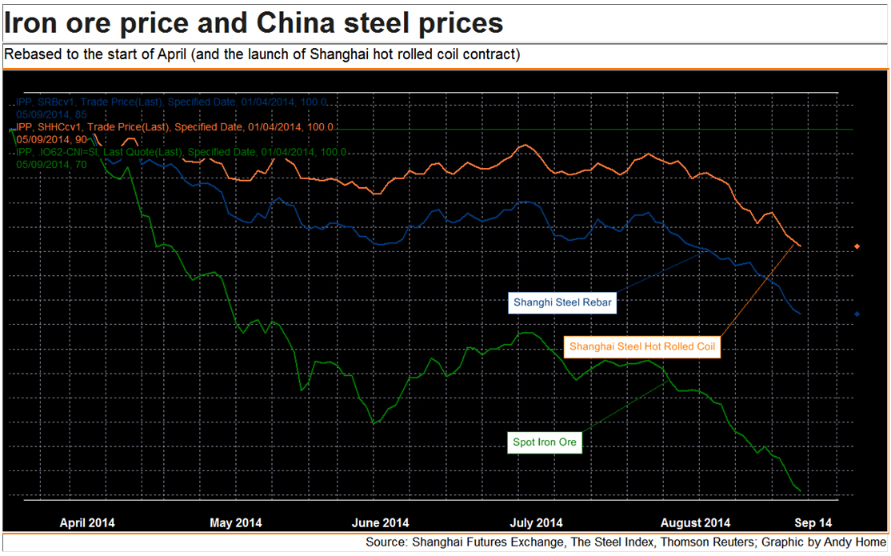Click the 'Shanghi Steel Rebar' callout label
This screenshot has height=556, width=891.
click(x=561, y=303)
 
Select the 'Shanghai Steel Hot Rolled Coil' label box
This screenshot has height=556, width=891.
click(x=641, y=347)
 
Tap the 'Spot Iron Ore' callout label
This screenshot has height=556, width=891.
click(x=545, y=442)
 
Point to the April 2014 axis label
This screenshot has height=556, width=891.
click(x=87, y=523)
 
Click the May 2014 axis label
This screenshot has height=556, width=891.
click(x=236, y=523)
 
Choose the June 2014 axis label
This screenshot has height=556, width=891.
click(x=381, y=523)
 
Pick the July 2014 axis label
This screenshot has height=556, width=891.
click(x=536, y=523)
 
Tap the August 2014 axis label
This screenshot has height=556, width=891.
click(x=695, y=523)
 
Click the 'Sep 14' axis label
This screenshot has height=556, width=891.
click(x=813, y=523)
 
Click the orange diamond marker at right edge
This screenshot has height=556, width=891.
click(x=857, y=246)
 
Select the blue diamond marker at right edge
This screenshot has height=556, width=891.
click(x=857, y=314)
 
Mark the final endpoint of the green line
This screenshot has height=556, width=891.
click(x=800, y=490)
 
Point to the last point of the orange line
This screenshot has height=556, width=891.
click(x=800, y=246)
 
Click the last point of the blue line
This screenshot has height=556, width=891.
click(x=801, y=314)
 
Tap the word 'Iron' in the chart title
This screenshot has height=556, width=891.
click(x=32, y=22)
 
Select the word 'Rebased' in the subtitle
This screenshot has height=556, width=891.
click(x=31, y=55)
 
